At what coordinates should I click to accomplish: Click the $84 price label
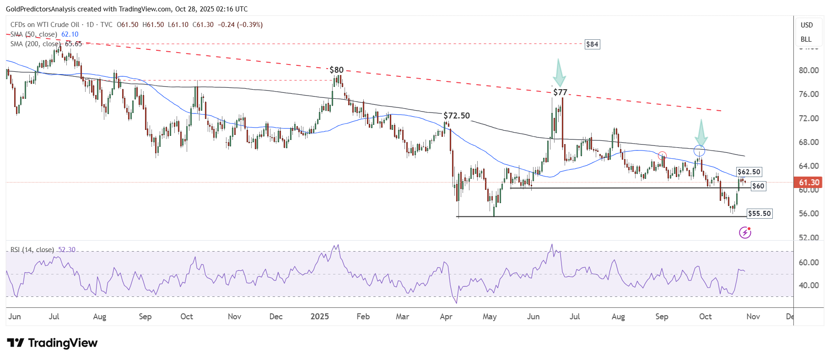592,44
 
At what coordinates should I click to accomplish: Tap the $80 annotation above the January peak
336,70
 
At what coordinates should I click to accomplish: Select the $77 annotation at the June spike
560,92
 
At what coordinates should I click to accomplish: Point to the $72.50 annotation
457,116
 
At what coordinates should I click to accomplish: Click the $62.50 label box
749,172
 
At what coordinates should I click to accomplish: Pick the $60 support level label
758,186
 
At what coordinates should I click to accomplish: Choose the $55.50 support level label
759,214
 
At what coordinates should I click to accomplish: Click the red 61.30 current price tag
808,183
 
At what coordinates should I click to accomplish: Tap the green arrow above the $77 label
559,73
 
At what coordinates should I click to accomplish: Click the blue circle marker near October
699,150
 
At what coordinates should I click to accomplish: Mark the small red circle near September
662,156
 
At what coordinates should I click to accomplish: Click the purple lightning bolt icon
745,233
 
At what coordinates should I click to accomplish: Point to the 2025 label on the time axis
319,317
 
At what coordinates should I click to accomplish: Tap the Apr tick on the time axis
446,317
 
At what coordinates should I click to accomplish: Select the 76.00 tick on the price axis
808,94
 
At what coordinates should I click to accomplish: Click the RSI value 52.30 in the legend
67,250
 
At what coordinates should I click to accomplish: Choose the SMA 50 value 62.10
70,34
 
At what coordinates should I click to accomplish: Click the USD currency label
807,25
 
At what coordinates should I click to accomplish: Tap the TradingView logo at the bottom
53,343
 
